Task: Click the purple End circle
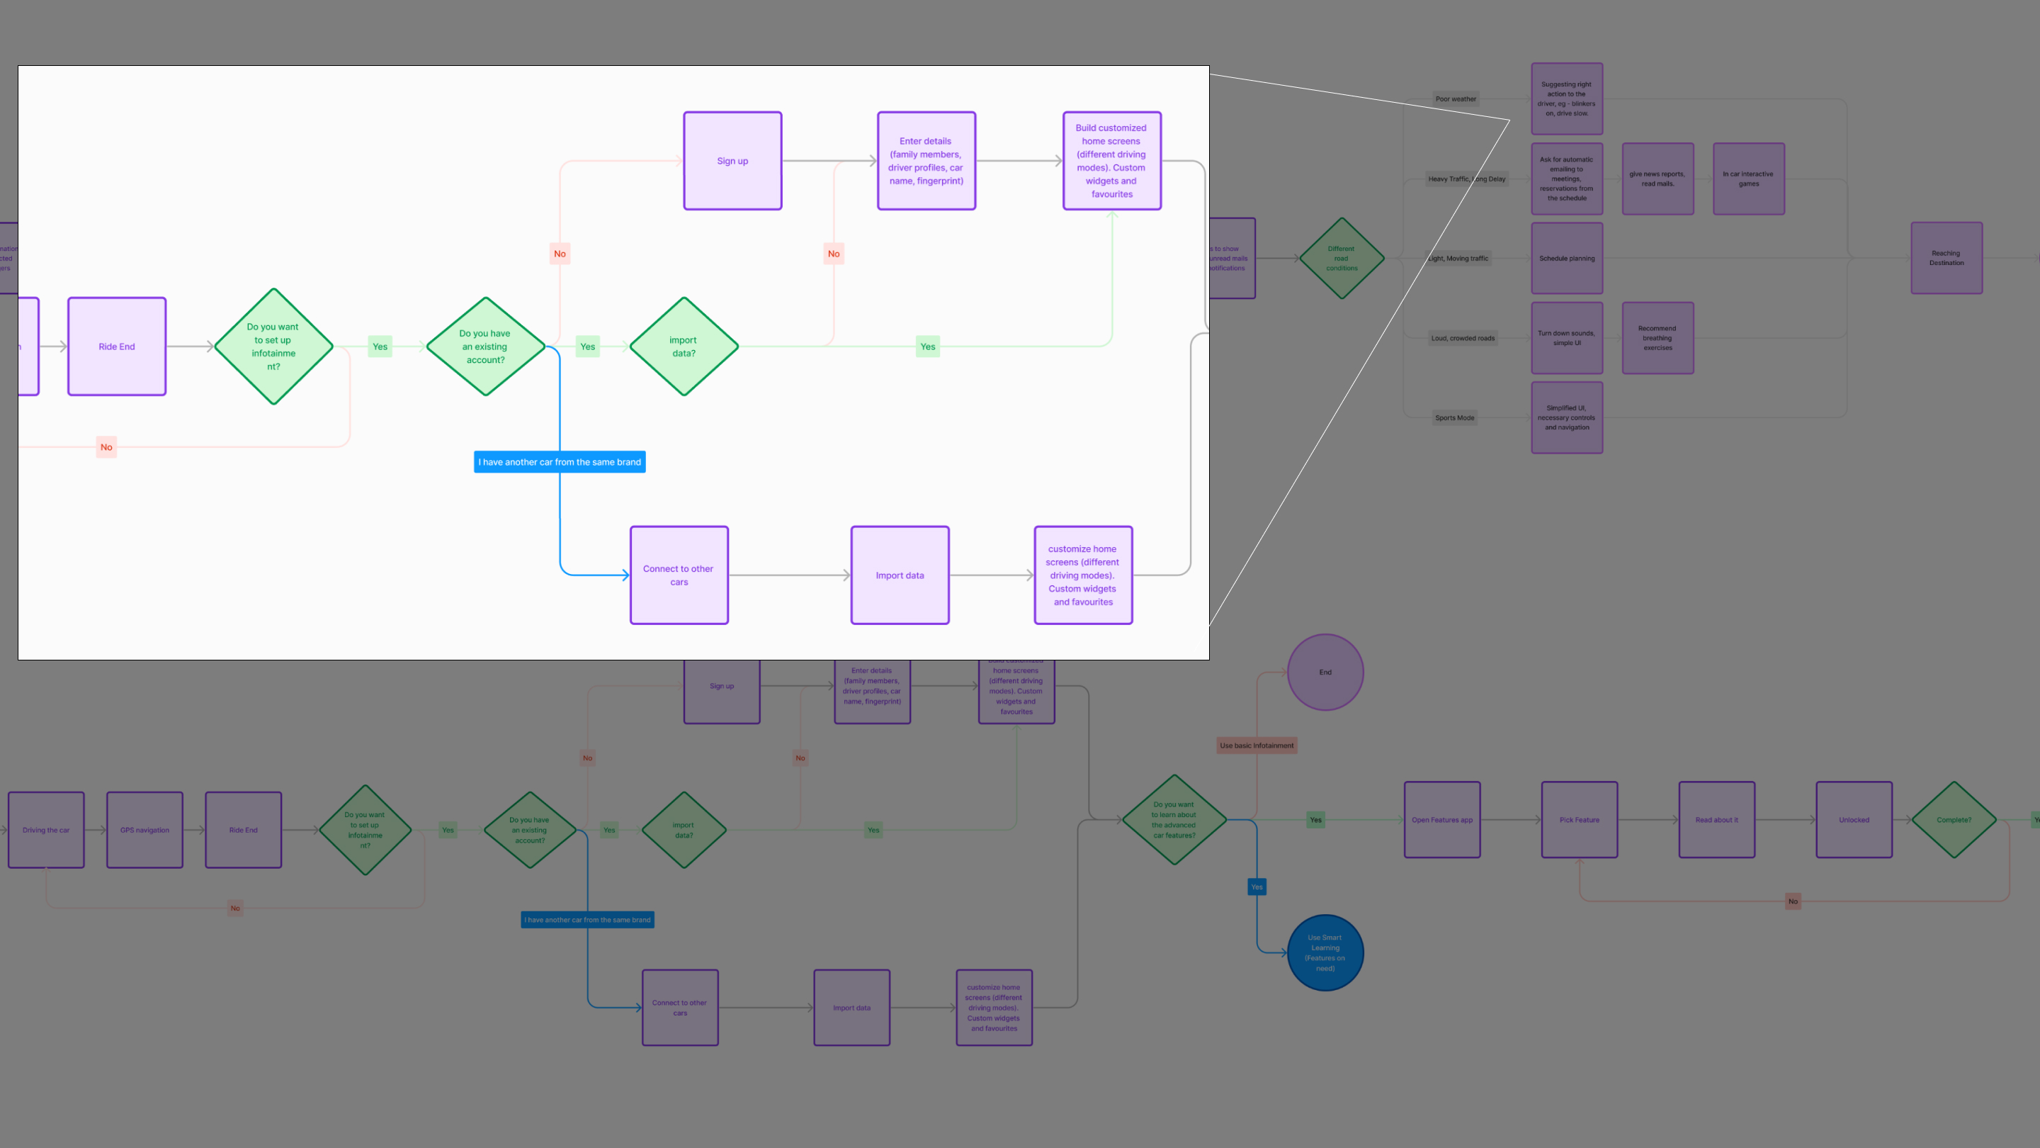1325,672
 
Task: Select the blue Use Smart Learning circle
1325,952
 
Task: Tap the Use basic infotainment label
1256,745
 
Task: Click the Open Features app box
1442,820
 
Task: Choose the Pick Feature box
1579,820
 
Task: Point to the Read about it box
1716,820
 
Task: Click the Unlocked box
1854,820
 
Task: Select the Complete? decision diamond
1954,820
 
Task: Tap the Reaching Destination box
1946,258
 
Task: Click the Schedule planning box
1566,258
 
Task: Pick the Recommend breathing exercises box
1657,337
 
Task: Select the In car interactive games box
1747,179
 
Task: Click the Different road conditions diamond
1342,258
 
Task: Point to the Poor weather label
1456,99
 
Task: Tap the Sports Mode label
1455,417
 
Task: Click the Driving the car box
46,831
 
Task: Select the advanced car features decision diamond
1174,820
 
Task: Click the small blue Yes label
1257,887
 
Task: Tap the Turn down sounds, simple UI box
1566,337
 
